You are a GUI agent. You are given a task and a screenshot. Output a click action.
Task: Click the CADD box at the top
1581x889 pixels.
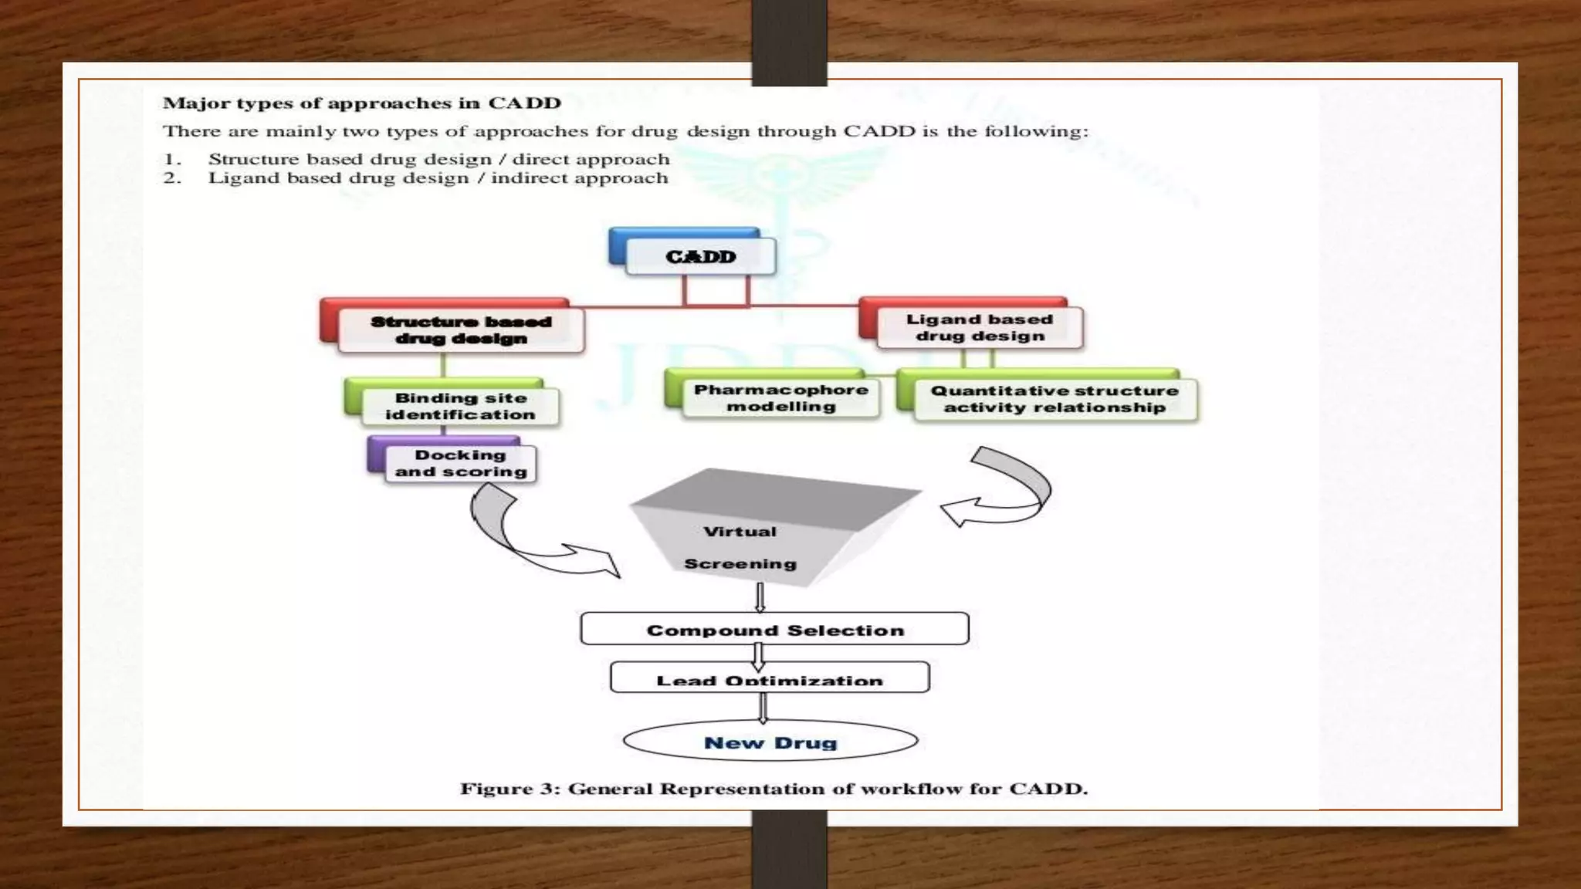pyautogui.click(x=700, y=256)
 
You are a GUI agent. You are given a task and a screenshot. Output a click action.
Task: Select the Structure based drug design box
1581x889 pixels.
pyautogui.click(x=461, y=330)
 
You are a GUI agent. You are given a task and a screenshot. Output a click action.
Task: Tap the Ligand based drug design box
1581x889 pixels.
pyautogui.click(x=980, y=327)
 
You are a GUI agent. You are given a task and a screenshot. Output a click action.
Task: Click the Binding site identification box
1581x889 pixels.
pyautogui.click(x=460, y=406)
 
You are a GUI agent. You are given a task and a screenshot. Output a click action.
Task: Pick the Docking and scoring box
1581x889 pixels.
pyautogui.click(x=460, y=463)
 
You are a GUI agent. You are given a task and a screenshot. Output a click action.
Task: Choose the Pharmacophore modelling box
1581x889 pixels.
pyautogui.click(x=780, y=398)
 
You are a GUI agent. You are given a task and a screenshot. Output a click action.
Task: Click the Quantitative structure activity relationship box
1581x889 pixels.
pyautogui.click(x=1055, y=399)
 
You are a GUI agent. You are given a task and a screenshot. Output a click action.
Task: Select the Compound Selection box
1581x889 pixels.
pyautogui.click(x=774, y=630)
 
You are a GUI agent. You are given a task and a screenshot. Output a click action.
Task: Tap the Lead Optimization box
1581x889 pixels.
pyautogui.click(x=770, y=678)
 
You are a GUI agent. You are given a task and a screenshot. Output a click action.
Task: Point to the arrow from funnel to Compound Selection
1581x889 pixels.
pyautogui.click(x=760, y=597)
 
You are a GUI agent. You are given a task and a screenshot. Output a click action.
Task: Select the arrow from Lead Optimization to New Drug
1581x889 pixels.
pyautogui.click(x=763, y=707)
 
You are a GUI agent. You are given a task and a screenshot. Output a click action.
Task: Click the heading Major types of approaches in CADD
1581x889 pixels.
pyautogui.click(x=361, y=103)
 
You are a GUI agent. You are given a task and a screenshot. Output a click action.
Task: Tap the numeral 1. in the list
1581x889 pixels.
pyautogui.click(x=172, y=160)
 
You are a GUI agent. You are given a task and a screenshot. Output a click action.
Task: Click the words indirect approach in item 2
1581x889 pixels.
pyautogui.click(x=579, y=178)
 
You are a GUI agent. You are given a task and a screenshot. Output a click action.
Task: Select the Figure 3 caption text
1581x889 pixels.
pyautogui.click(x=774, y=789)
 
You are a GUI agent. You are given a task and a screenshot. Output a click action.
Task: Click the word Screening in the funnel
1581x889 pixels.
pyautogui.click(x=740, y=564)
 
